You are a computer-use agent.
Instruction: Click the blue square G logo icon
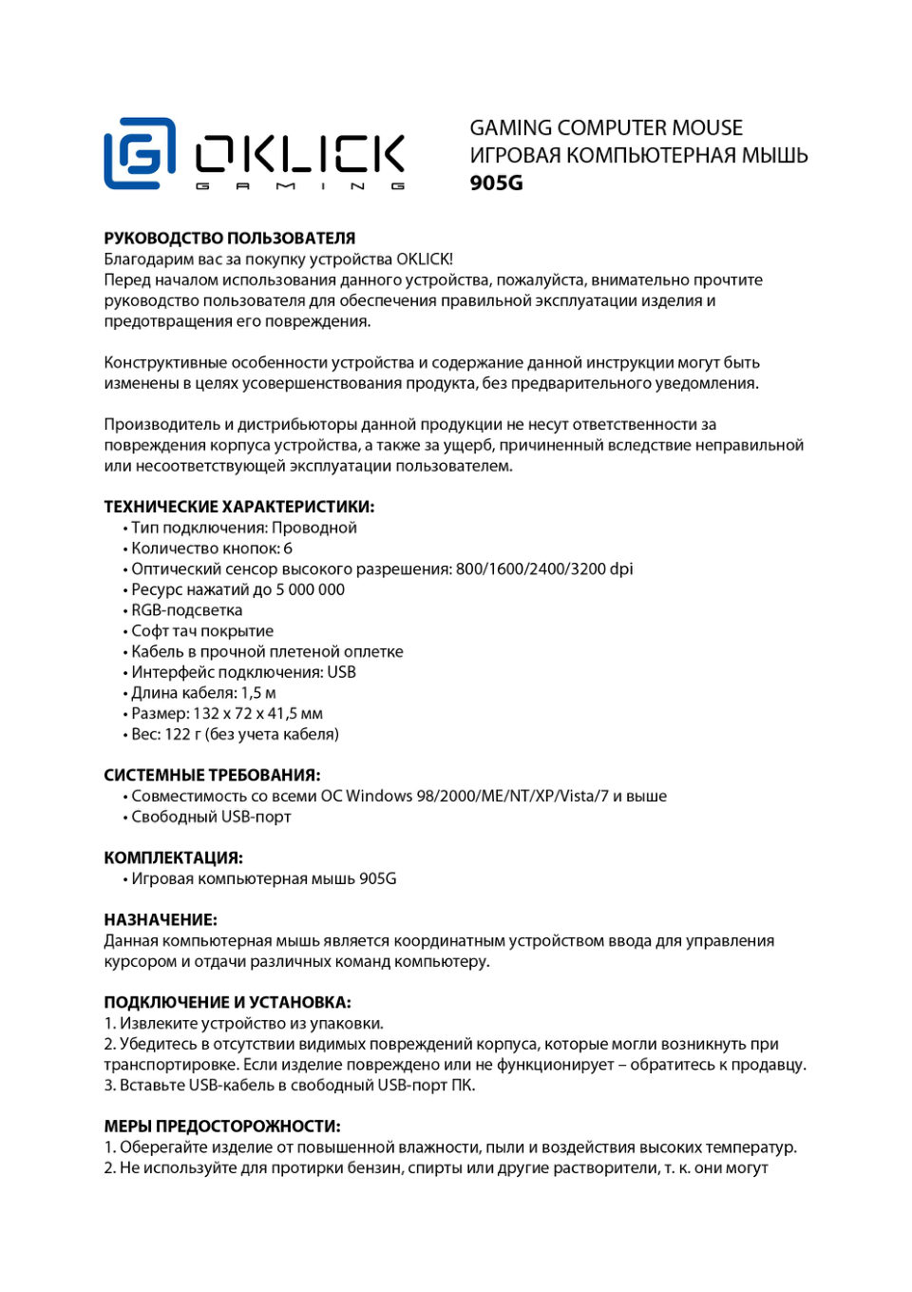(140, 153)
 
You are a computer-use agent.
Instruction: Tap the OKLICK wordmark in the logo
(300, 153)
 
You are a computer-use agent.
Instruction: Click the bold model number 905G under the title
(496, 183)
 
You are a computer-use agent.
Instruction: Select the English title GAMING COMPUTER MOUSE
(606, 127)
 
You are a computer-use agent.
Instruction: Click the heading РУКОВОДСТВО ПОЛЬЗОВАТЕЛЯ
(229, 239)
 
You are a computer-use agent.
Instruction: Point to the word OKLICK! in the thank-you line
(425, 259)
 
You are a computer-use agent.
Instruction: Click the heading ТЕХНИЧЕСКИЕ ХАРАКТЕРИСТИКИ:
(238, 507)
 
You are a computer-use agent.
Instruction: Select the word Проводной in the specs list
(314, 528)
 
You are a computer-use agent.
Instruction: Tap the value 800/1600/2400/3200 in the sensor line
(530, 569)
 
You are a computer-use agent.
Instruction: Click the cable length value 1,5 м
(257, 693)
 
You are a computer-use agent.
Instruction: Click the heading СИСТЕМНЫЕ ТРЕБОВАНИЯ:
(212, 775)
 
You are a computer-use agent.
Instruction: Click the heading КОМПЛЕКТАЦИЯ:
(173, 858)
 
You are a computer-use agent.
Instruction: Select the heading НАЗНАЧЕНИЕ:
(161, 919)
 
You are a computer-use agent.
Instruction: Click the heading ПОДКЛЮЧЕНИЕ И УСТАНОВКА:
(227, 1002)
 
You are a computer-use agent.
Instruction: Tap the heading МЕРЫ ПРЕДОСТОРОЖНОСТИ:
(222, 1126)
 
